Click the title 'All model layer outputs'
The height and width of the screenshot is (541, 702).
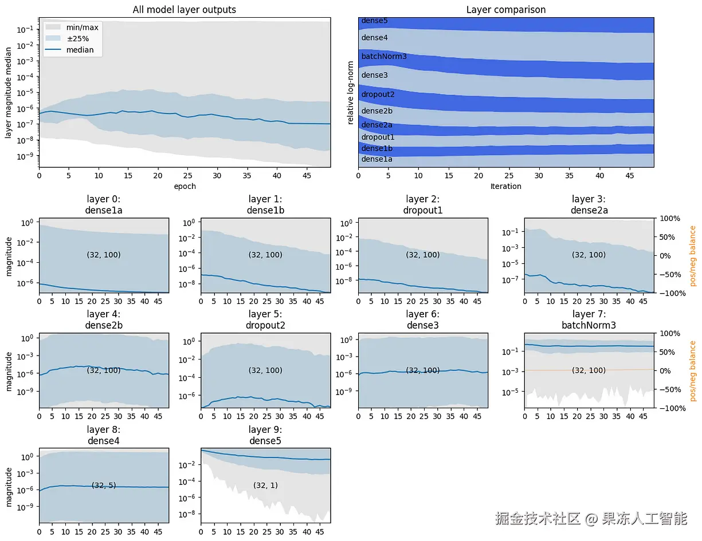coord(184,9)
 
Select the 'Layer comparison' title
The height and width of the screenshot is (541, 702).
coord(505,9)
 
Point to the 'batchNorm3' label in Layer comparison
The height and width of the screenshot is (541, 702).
coord(384,57)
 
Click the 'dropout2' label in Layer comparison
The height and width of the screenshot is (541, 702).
coord(378,94)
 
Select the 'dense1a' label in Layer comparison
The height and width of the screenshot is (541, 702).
coord(377,159)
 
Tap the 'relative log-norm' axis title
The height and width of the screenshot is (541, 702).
coord(351,93)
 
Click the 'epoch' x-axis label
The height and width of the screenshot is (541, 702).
coord(185,186)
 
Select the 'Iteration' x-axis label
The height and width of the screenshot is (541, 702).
coord(505,186)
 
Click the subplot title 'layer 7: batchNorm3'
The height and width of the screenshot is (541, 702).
coord(589,319)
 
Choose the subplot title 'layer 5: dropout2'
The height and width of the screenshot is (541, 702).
coord(265,319)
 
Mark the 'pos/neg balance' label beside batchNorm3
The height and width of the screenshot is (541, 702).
coord(692,370)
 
